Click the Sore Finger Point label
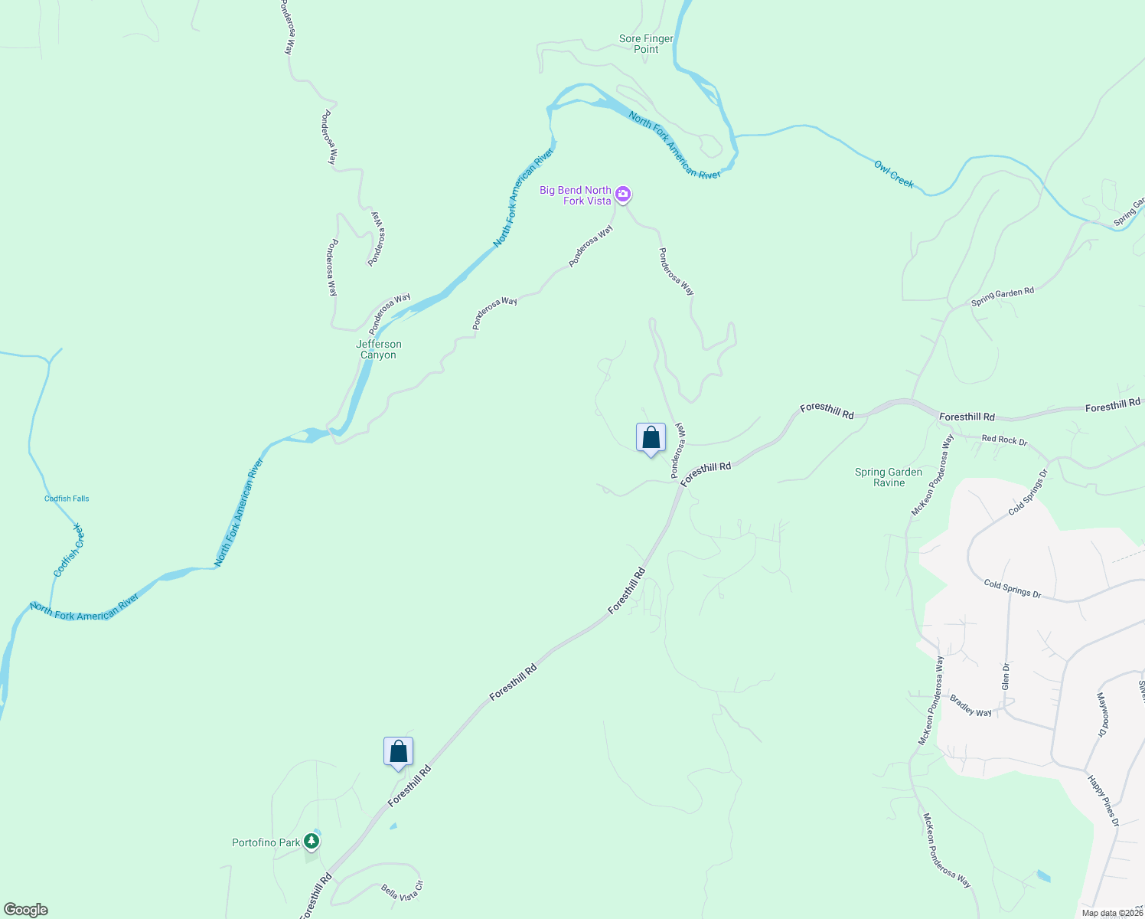point(646,44)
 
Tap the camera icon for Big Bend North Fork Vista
point(623,195)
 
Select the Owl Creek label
point(894,174)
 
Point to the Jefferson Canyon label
point(378,349)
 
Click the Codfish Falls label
point(67,499)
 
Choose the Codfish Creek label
point(68,551)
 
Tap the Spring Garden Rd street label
point(1002,297)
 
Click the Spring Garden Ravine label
point(889,477)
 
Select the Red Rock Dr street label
point(1004,440)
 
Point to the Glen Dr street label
point(1006,677)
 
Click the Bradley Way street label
point(970,706)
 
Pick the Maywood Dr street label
point(1102,715)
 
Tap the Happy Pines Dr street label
point(1104,800)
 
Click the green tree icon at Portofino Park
point(311,842)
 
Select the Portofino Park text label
point(266,842)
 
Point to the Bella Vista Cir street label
point(402,892)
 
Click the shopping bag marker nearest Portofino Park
point(398,751)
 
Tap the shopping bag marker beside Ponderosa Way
point(651,438)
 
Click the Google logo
point(26,909)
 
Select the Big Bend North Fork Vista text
point(576,195)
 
